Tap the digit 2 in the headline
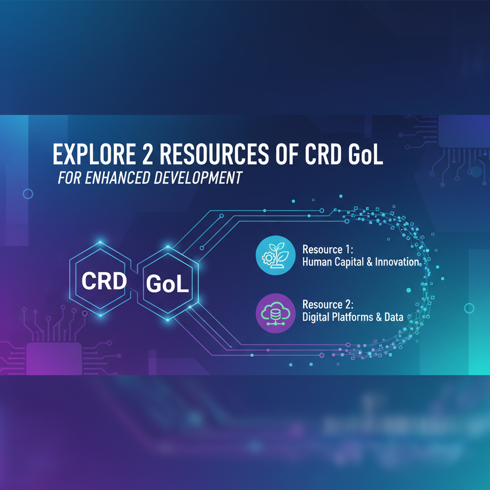tap(143, 156)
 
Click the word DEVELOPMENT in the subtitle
tap(198, 178)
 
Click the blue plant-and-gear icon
tap(275, 256)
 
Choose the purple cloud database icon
tap(275, 312)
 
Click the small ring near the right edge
tap(469, 308)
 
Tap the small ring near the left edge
tap(28, 194)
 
